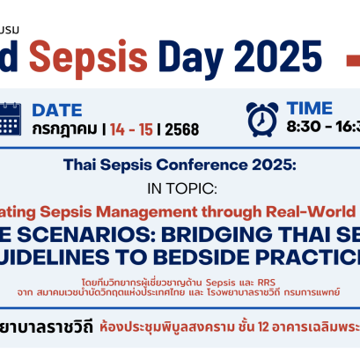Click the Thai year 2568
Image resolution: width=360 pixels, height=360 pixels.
pos(180,129)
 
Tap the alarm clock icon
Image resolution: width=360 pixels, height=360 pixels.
pos(262,119)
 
